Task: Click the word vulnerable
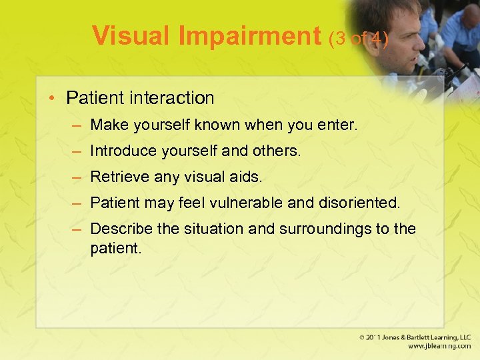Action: click(x=249, y=203)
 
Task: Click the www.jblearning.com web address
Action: click(x=439, y=347)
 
